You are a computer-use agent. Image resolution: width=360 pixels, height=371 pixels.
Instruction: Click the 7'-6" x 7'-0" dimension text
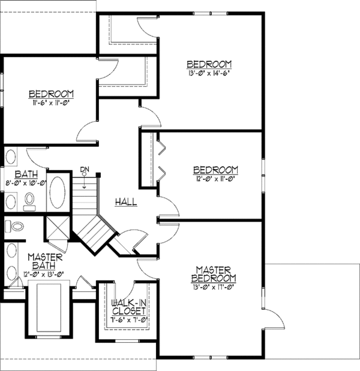pos(128,321)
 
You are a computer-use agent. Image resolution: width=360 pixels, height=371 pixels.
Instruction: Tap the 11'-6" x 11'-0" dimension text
pos(51,103)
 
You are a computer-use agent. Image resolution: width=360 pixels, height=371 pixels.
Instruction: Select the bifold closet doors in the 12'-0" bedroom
pos(161,158)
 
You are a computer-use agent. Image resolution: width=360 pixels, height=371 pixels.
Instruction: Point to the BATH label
pos(18,174)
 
